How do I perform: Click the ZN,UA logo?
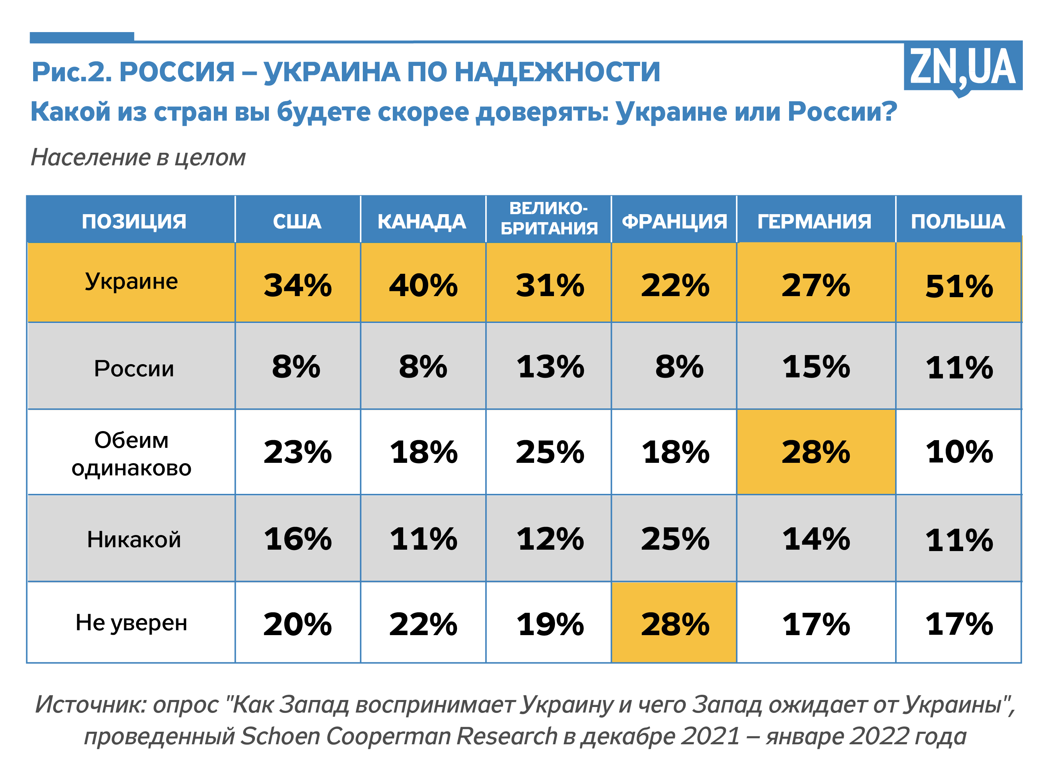click(962, 68)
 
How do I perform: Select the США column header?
click(297, 221)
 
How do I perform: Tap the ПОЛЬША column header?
click(958, 221)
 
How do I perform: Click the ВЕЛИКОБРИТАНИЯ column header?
click(549, 218)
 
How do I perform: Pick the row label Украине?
click(131, 281)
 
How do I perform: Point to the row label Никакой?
click(134, 539)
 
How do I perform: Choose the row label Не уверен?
click(131, 623)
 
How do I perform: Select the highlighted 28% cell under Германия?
click(815, 452)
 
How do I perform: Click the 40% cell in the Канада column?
click(423, 285)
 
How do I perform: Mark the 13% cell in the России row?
click(550, 367)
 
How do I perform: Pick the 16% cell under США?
click(297, 539)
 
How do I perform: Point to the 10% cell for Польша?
click(959, 452)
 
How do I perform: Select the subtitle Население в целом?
click(138, 157)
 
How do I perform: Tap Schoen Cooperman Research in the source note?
click(398, 737)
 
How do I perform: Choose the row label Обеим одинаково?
click(131, 454)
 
